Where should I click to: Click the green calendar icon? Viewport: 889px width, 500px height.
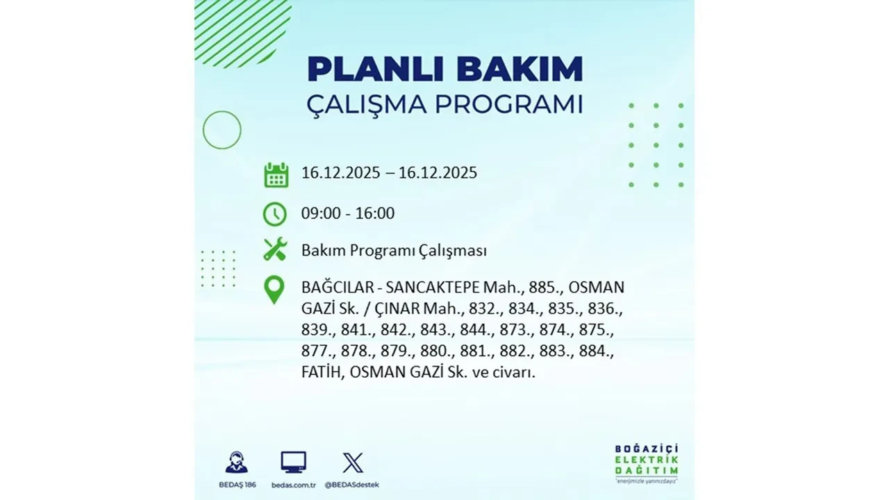[x=276, y=174]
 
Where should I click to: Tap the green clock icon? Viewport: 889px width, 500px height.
[x=275, y=214]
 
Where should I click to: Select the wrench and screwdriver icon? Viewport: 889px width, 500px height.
[x=275, y=249]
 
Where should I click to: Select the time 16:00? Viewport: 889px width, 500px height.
[x=374, y=213]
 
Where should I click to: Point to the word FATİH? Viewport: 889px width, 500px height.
[x=322, y=372]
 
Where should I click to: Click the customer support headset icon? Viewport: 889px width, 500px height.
[x=236, y=462]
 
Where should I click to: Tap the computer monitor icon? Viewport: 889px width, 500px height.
[x=293, y=462]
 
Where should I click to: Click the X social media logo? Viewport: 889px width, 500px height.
[x=352, y=462]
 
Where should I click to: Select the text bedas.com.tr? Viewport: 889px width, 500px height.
[x=293, y=484]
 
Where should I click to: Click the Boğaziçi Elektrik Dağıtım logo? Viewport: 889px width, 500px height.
[x=647, y=462]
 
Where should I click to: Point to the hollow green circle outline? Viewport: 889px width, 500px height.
[x=222, y=130]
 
